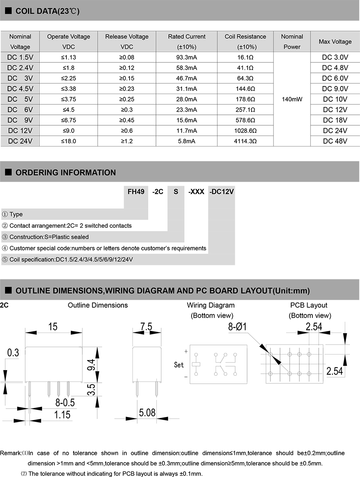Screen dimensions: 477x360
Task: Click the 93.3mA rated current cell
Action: (x=187, y=57)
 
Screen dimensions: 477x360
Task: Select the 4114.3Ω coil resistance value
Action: (x=245, y=141)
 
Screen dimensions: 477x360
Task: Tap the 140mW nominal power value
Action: (x=292, y=99)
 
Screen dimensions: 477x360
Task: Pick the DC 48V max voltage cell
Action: (x=335, y=141)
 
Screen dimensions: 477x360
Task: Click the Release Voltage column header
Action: (x=127, y=41)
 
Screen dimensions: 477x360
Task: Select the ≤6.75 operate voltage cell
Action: (x=68, y=120)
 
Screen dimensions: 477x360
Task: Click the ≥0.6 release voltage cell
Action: (x=127, y=130)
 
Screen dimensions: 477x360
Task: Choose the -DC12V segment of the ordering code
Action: (x=222, y=192)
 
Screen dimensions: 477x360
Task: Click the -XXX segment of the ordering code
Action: (x=196, y=192)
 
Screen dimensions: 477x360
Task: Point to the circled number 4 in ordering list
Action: (x=5, y=248)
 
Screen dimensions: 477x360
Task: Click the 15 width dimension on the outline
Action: (x=53, y=327)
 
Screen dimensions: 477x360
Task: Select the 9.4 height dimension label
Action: (x=91, y=365)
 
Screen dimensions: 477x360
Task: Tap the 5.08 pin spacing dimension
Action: (x=147, y=412)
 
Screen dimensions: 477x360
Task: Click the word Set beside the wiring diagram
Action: (x=179, y=365)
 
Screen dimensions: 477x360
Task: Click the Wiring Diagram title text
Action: (x=210, y=305)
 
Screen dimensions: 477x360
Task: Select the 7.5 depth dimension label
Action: (x=146, y=327)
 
